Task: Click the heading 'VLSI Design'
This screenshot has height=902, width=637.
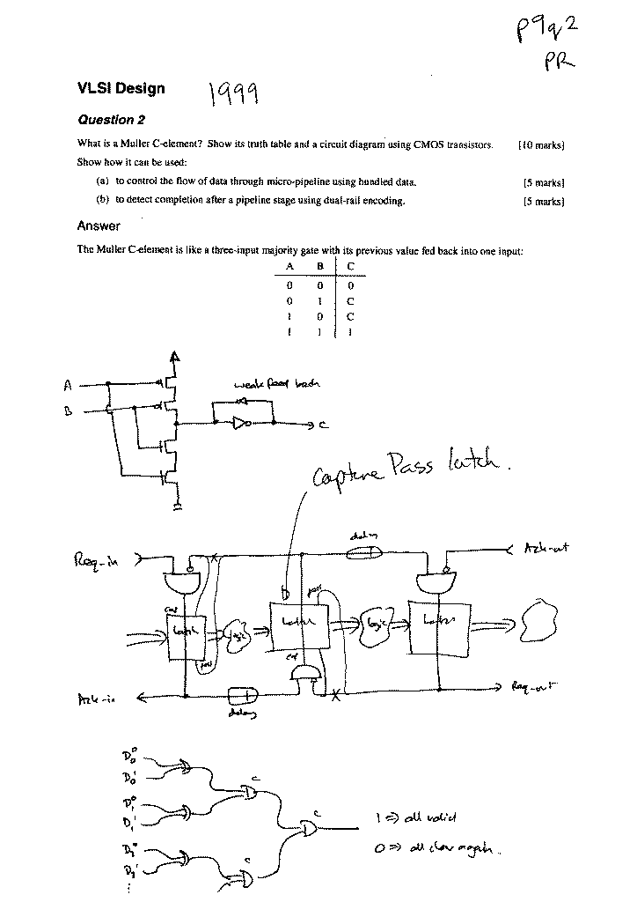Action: tap(121, 88)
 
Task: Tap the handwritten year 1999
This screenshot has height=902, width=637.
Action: tap(231, 91)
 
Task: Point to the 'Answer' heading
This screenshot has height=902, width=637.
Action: tap(99, 226)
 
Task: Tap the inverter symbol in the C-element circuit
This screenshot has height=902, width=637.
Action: tap(241, 424)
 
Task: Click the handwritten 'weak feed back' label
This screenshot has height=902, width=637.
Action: tap(276, 384)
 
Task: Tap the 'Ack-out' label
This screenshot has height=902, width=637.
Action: tap(546, 548)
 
